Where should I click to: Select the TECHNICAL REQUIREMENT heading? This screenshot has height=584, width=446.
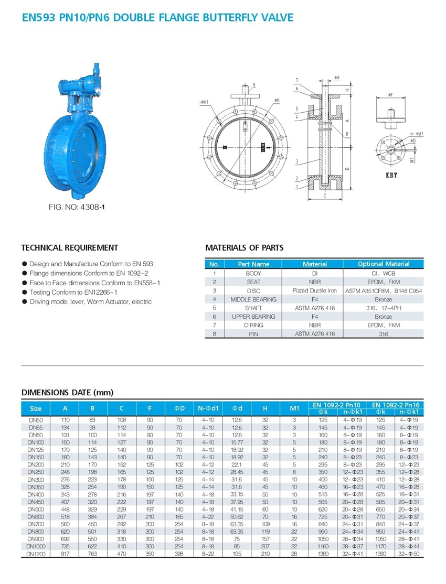pyautogui.click(x=69, y=248)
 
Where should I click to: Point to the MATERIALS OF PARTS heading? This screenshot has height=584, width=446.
pyautogui.click(x=244, y=247)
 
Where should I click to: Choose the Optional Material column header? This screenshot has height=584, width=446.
pyautogui.click(x=383, y=264)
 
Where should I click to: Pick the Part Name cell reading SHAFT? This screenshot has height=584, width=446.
pyautogui.click(x=253, y=308)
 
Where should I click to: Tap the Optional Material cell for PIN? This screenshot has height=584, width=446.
pyautogui.click(x=383, y=333)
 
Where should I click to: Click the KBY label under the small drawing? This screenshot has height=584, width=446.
pyautogui.click(x=391, y=175)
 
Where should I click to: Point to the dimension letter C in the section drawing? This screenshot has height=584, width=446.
pyautogui.click(x=325, y=196)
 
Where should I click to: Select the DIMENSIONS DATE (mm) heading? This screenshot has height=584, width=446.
pyautogui.click(x=67, y=392)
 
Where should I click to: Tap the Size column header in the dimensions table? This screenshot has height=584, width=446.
pyautogui.click(x=36, y=409)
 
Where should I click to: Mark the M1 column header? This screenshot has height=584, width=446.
pyautogui.click(x=294, y=409)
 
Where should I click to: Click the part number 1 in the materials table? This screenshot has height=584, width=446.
pyautogui.click(x=214, y=273)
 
